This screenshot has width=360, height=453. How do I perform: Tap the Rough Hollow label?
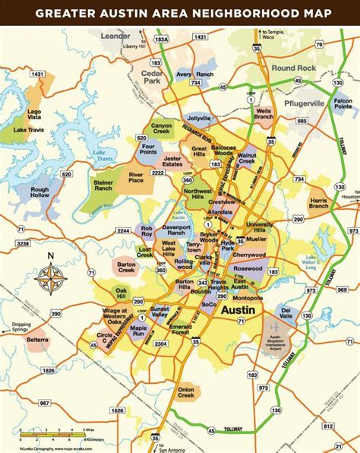39,194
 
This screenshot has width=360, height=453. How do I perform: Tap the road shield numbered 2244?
124,230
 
